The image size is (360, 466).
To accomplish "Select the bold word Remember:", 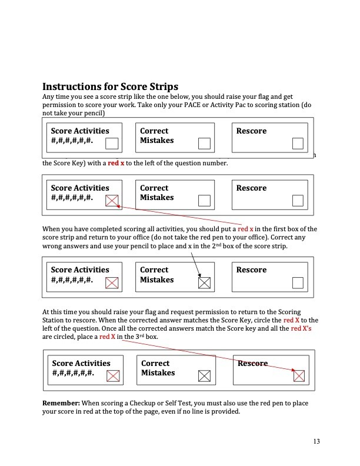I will [x=61, y=402].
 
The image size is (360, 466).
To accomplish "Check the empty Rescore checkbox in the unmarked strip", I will [x=298, y=144].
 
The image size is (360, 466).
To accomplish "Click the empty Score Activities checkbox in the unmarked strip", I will [x=112, y=144].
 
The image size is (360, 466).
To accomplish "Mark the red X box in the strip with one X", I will [x=112, y=201].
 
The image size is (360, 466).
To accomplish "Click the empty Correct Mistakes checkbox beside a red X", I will [x=204, y=201].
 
